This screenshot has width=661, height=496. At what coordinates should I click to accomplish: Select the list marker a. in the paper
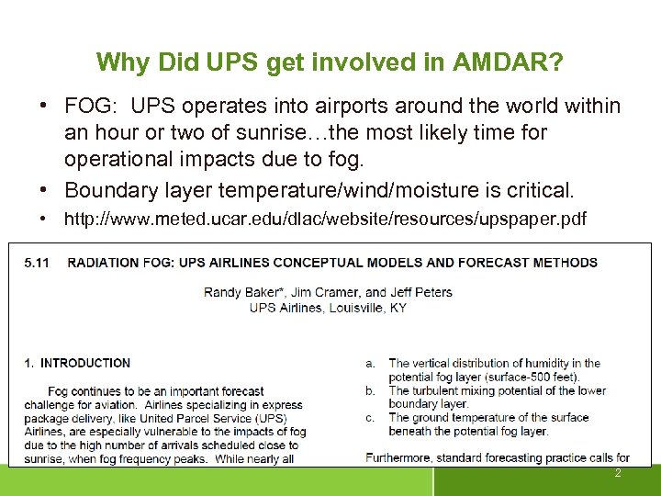tap(370, 364)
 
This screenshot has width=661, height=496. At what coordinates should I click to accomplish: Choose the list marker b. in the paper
tap(370, 390)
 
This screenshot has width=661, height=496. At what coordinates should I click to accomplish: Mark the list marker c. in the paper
tap(370, 418)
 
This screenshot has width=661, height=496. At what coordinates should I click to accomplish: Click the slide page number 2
tap(618, 473)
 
